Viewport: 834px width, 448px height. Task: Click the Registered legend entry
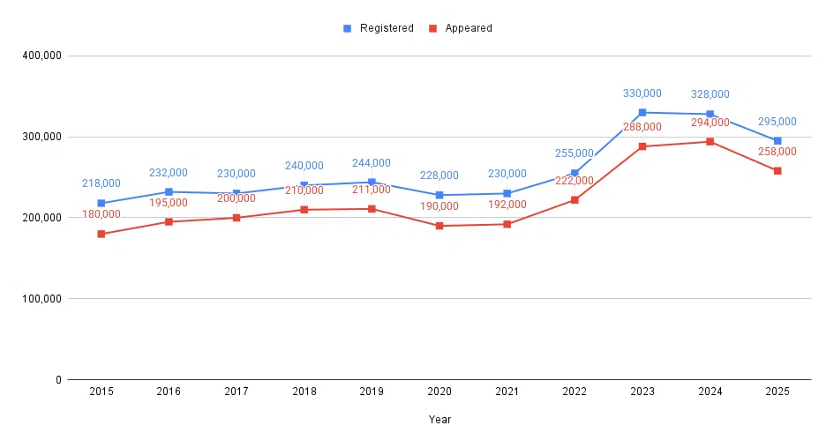[x=379, y=28]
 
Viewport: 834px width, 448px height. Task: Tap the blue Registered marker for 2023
[x=642, y=112]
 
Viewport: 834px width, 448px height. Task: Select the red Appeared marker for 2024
[x=710, y=141]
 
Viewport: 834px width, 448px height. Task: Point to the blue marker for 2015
[x=101, y=203]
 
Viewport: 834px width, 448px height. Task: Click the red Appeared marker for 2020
[x=440, y=226]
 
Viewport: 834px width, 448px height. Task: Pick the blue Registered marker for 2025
[x=778, y=140]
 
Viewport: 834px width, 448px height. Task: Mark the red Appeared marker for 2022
[x=575, y=199]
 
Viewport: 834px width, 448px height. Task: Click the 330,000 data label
[x=642, y=93]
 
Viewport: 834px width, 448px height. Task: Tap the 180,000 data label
[x=101, y=214]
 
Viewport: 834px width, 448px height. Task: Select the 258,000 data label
[x=778, y=152]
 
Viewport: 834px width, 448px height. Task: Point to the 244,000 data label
[x=372, y=163]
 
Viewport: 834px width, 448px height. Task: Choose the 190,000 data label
[x=440, y=206]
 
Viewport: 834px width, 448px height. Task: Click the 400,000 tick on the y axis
[x=41, y=56]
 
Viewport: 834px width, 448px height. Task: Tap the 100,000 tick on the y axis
[x=41, y=298]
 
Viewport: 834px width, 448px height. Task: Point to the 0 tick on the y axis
[x=57, y=379]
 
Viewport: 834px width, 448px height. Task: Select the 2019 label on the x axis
[x=372, y=392]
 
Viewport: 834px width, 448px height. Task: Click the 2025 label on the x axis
[x=778, y=392]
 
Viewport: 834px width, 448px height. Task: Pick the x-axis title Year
[x=440, y=420]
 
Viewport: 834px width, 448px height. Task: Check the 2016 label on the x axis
[x=169, y=392]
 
